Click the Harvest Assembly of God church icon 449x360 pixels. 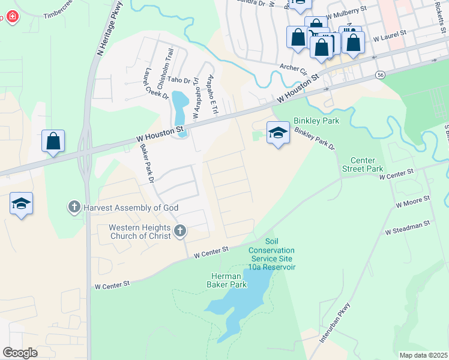74,208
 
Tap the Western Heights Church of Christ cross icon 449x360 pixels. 179,231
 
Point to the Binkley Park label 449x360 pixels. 316,121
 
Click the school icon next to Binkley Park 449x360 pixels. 278,132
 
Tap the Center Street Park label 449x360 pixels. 366,164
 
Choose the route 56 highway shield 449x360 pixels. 380,74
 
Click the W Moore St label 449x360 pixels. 413,201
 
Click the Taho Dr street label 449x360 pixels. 178,79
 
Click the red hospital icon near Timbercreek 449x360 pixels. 10,17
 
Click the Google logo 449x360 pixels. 20,352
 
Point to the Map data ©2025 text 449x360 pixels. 423,355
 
